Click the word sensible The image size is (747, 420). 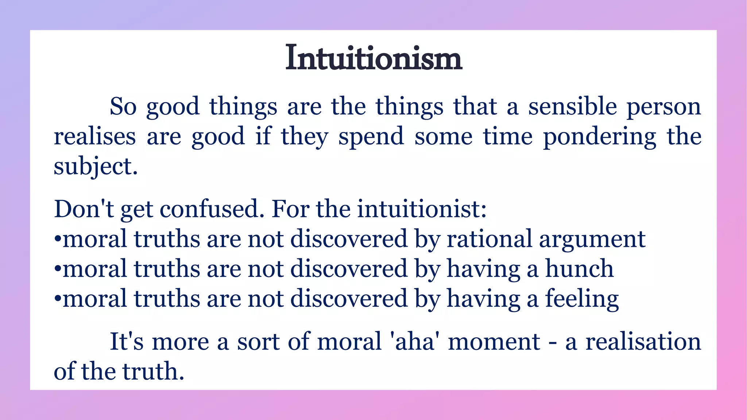tap(572, 107)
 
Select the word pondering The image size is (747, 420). tap(600, 137)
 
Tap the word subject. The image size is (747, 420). tap(96, 167)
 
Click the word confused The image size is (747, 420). tap(212, 210)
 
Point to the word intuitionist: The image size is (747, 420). tap(422, 210)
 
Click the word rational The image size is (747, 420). tap(489, 240)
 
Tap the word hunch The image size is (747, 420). tap(579, 269)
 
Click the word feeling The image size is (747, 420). tap(582, 299)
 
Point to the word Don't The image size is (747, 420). tap(84, 210)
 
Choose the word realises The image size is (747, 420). tap(95, 137)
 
